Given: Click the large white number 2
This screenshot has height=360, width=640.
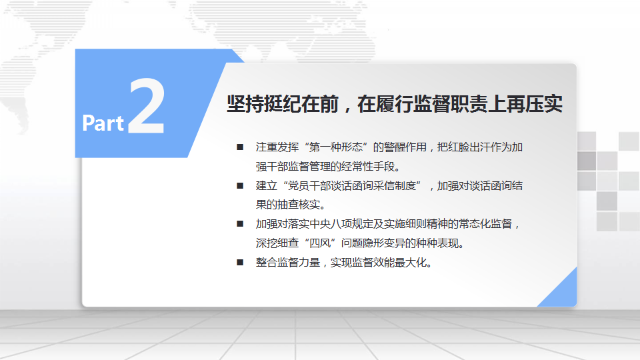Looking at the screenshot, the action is point(147,106).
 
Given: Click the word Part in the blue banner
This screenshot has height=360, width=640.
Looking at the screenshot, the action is point(103,123).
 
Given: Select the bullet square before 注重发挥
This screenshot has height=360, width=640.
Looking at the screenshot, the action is point(240,147).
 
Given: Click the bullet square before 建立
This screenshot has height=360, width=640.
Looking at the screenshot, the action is point(240,186).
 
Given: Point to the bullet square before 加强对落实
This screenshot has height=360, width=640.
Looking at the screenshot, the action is point(240,224).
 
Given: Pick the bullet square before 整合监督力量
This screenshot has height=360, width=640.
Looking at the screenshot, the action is point(240,262).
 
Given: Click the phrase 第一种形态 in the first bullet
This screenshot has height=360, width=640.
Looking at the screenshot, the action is point(336,147).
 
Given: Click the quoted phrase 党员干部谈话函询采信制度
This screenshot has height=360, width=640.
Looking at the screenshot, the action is point(352,186).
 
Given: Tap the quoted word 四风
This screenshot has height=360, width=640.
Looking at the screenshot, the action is point(320,243).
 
